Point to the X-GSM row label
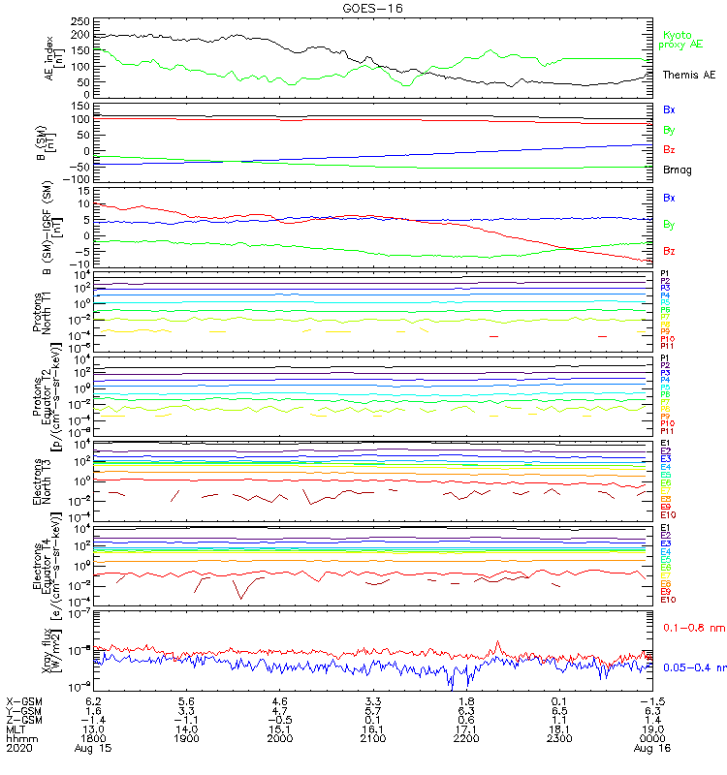(25, 700)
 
